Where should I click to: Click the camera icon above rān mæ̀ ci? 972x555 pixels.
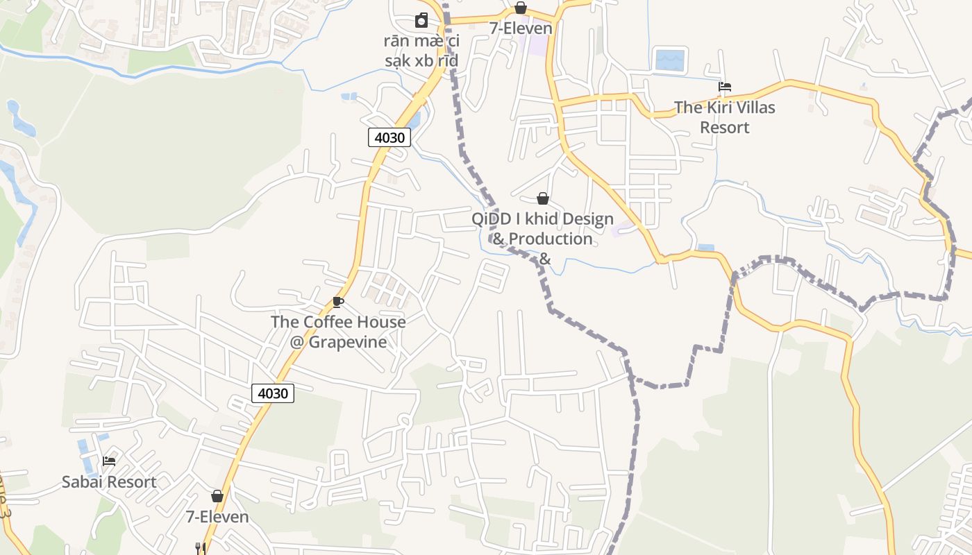[421, 20]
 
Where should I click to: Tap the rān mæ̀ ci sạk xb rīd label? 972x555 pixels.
[421, 51]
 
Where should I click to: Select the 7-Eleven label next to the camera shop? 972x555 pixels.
[521, 28]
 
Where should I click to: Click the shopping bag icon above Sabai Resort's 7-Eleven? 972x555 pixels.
[217, 496]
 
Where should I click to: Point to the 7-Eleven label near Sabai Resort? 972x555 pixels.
[217, 517]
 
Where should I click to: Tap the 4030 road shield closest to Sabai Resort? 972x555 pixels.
[273, 393]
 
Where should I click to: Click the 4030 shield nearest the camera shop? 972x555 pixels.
[389, 137]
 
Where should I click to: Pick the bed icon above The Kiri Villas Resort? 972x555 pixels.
[725, 87]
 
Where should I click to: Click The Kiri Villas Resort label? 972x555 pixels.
[725, 117]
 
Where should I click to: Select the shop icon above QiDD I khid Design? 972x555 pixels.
[543, 198]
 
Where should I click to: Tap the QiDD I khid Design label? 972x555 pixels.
[543, 219]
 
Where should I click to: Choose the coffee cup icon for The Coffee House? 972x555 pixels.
[338, 302]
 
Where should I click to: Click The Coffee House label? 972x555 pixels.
[338, 322]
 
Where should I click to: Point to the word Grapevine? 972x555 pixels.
[347, 342]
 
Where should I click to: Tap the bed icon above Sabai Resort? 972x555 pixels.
[109, 461]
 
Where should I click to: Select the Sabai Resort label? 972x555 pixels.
[109, 481]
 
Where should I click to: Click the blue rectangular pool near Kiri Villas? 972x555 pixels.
[670, 60]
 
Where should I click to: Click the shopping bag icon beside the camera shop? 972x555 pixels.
[521, 8]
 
